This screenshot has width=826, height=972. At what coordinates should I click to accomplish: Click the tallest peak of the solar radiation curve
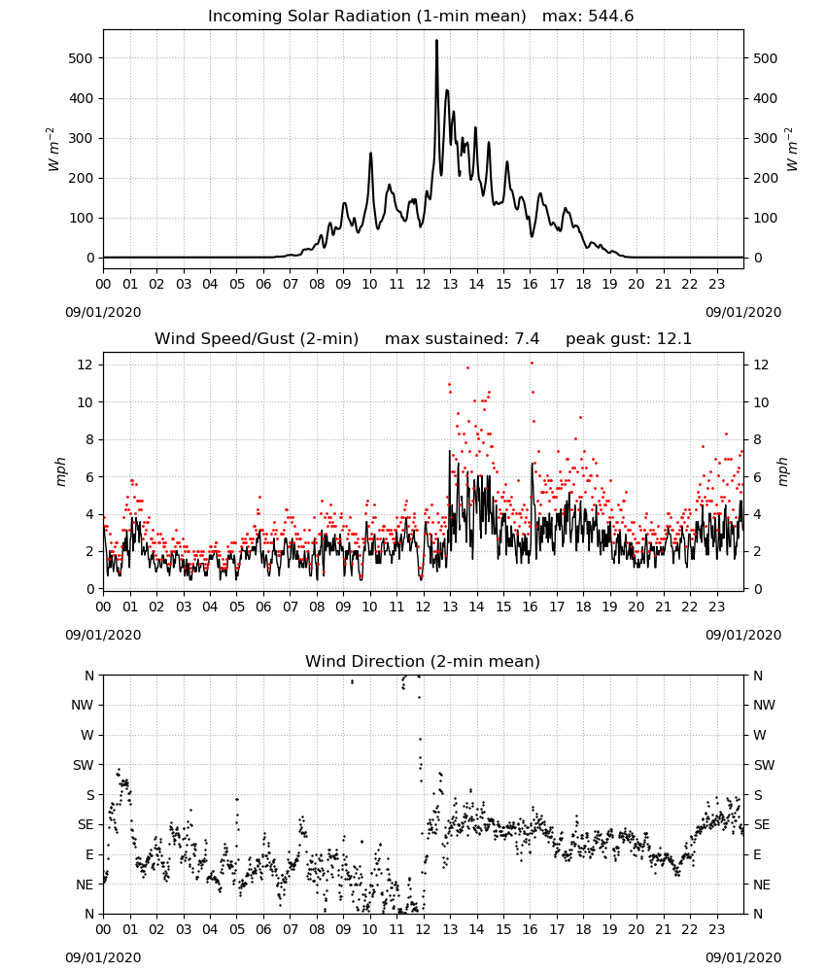pyautogui.click(x=437, y=41)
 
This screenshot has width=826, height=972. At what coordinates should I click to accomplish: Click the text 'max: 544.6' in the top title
pyautogui.click(x=588, y=17)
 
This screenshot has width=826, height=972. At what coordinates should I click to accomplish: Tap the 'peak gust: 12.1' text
pyautogui.click(x=629, y=339)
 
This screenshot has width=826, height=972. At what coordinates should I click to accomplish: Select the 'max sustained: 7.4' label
pyautogui.click(x=462, y=339)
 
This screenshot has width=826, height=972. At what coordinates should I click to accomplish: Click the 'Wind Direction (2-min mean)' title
pyautogui.click(x=423, y=661)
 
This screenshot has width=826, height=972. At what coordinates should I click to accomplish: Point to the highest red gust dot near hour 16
pyautogui.click(x=532, y=364)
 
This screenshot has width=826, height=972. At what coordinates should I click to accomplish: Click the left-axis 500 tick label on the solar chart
pyautogui.click(x=81, y=58)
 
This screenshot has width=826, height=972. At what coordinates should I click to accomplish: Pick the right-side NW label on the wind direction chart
pyautogui.click(x=764, y=705)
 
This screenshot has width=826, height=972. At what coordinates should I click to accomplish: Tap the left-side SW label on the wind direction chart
pyautogui.click(x=83, y=765)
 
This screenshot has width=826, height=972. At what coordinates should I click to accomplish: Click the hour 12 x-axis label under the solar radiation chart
pyautogui.click(x=423, y=285)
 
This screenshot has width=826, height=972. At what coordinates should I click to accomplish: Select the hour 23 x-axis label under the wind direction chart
pyautogui.click(x=716, y=929)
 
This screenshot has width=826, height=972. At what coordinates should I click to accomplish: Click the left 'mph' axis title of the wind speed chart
pyautogui.click(x=60, y=471)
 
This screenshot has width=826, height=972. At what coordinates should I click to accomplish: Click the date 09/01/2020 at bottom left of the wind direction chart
pyautogui.click(x=103, y=957)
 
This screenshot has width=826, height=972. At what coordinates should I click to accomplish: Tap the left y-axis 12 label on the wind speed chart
pyautogui.click(x=85, y=365)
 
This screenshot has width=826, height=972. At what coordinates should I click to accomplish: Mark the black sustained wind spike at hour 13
pyautogui.click(x=449, y=451)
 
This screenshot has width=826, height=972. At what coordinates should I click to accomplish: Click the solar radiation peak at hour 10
pyautogui.click(x=370, y=154)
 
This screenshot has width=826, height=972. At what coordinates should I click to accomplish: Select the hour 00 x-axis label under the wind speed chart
pyautogui.click(x=103, y=607)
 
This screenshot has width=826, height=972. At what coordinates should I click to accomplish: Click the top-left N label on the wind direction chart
pyautogui.click(x=89, y=676)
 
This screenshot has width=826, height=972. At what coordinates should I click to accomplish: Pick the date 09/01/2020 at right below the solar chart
pyautogui.click(x=743, y=312)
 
